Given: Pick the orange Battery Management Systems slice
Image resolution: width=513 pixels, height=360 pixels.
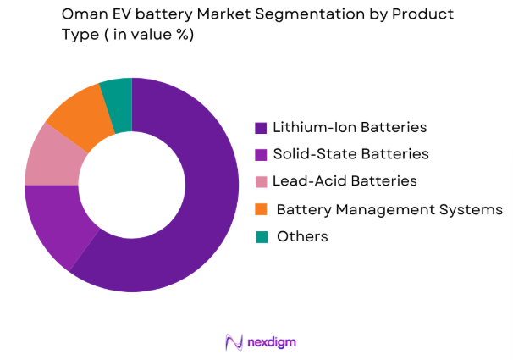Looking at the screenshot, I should click(80, 114).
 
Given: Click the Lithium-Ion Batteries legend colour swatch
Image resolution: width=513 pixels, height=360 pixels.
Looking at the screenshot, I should click(261, 128).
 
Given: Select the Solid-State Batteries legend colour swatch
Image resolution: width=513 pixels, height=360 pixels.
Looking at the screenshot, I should click(261, 154).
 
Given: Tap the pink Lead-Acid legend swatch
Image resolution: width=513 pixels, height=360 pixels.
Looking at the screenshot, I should click(261, 181).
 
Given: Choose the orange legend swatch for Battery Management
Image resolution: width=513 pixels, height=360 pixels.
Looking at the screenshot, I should click(261, 208).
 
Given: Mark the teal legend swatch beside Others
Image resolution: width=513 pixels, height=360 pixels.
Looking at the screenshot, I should click(261, 236).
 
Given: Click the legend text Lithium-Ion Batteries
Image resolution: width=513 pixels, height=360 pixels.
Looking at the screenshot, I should click(349, 128).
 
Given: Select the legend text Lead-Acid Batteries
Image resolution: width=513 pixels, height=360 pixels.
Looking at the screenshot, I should click(345, 181).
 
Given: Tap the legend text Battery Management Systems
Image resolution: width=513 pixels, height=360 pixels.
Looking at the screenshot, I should click(389, 208).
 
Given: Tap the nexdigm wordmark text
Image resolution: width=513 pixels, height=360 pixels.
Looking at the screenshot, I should click(271, 342).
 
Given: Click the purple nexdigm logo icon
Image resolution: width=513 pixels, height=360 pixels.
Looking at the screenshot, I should click(234, 342).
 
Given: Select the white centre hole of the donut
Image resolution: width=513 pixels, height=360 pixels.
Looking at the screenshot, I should click(132, 184).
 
